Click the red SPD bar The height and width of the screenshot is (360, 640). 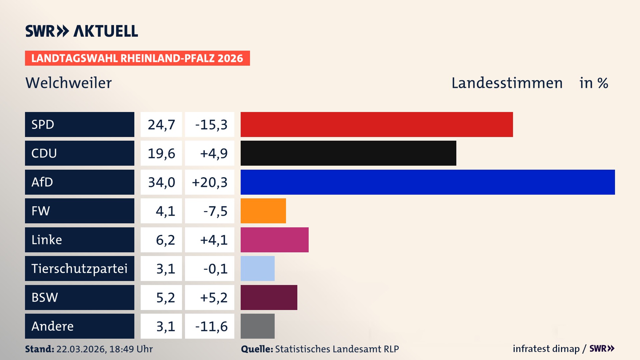click(377, 124)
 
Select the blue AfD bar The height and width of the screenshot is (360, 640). click(428, 182)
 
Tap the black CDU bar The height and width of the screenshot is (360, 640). click(348, 153)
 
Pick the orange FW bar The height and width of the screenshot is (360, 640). click(263, 211)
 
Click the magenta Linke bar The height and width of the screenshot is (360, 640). click(275, 240)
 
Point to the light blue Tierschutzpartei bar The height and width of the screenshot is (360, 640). click(258, 268)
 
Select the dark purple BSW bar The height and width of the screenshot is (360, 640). click(269, 297)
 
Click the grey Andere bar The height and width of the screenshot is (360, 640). click(258, 326)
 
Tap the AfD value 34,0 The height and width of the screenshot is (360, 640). click(161, 182)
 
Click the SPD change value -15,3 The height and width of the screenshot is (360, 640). click(211, 125)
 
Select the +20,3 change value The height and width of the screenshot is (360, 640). click(210, 182)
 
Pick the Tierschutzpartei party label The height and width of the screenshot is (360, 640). click(79, 268)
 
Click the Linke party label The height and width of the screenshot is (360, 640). click(47, 240)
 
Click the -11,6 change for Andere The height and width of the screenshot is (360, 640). click(211, 326)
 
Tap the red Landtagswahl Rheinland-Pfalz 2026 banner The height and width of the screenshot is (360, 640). click(137, 58)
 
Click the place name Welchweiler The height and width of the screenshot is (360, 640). click(69, 83)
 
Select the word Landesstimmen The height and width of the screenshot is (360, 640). click(507, 83)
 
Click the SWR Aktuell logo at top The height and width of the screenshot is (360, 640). click(82, 31)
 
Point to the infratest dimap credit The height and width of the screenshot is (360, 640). click(546, 349)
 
